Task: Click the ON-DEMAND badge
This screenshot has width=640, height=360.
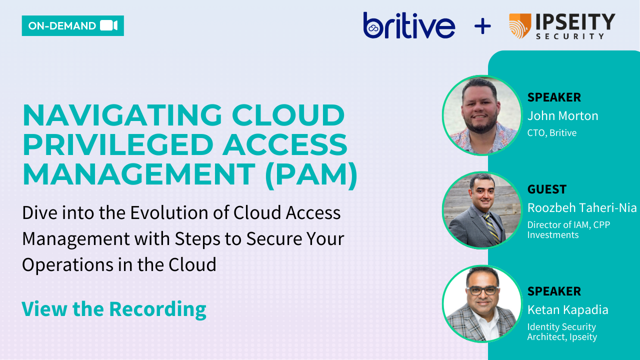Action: pyautogui.click(x=72, y=26)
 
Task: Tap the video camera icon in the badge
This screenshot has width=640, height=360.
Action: pyautogui.click(x=108, y=26)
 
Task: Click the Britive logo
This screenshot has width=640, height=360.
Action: pyautogui.click(x=409, y=26)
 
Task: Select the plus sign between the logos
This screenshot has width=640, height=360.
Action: pyautogui.click(x=482, y=26)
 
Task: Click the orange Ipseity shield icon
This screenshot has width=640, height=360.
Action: pyautogui.click(x=520, y=26)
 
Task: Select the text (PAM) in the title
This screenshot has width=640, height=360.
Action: pyautogui.click(x=311, y=174)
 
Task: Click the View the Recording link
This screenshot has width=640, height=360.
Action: pyautogui.click(x=113, y=309)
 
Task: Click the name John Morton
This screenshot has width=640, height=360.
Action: pyautogui.click(x=562, y=116)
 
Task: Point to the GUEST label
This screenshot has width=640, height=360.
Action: pyautogui.click(x=546, y=189)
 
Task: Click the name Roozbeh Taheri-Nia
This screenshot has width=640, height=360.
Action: pyautogui.click(x=582, y=207)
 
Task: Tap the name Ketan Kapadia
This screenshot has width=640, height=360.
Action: pyautogui.click(x=567, y=310)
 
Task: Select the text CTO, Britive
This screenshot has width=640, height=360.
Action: pyautogui.click(x=551, y=133)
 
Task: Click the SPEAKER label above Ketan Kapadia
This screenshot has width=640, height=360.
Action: pyautogui.click(x=554, y=291)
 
